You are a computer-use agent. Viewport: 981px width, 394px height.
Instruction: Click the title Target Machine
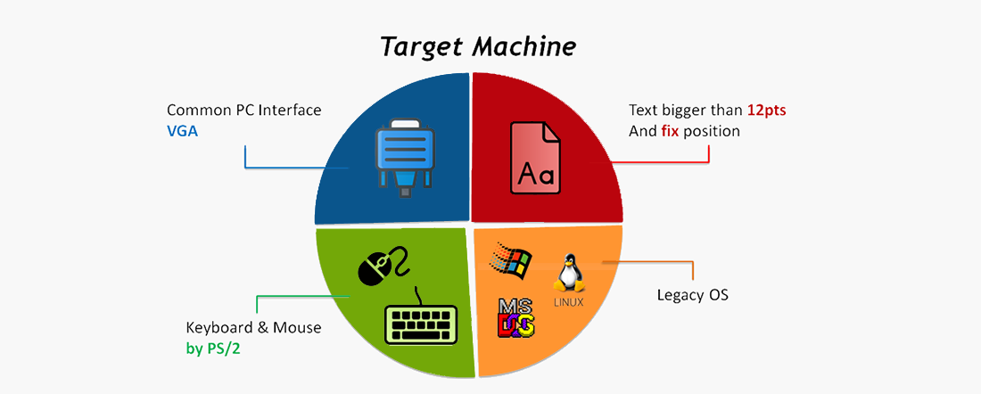pyautogui.click(x=478, y=47)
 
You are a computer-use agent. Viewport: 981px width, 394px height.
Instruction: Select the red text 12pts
pyautogui.click(x=766, y=111)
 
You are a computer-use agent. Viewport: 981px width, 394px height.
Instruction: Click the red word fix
pyautogui.click(x=670, y=132)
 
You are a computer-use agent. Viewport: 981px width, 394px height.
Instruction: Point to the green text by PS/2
pyautogui.click(x=213, y=349)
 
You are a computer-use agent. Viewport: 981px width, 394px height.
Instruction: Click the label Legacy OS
pyautogui.click(x=693, y=294)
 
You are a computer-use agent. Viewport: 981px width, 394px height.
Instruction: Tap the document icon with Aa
pyautogui.click(x=536, y=157)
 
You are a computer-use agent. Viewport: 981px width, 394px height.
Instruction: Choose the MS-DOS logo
pyautogui.click(x=515, y=317)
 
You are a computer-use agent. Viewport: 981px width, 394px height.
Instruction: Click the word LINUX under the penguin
pyautogui.click(x=569, y=302)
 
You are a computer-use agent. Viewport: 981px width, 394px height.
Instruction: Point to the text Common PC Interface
pyautogui.click(x=244, y=111)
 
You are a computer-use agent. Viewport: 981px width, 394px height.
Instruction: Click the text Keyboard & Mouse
pyautogui.click(x=254, y=328)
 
